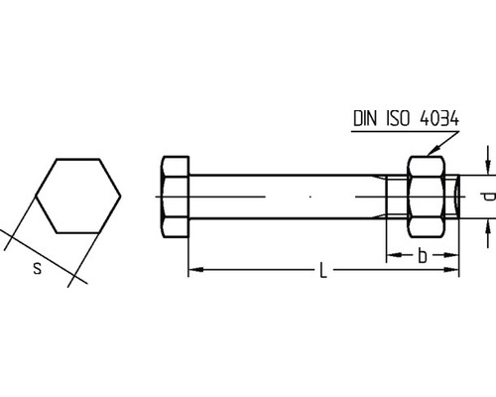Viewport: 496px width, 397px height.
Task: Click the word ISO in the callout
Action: click(x=398, y=118)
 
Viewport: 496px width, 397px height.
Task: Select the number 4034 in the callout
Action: click(x=439, y=118)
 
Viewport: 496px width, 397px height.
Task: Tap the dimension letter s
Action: click(x=38, y=268)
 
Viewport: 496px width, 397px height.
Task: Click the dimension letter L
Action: click(x=323, y=270)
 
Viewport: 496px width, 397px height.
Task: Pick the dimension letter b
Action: click(x=423, y=255)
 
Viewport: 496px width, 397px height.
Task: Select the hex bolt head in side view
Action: click(x=176, y=197)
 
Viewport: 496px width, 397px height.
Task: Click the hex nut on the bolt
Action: click(x=426, y=197)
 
